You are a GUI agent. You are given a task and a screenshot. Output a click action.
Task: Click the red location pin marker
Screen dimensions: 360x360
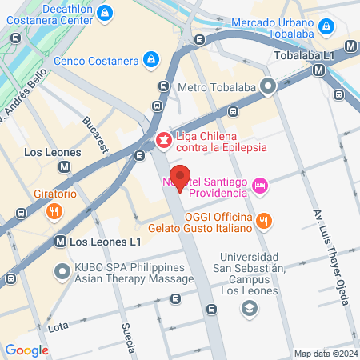pyautogui.click(x=181, y=178)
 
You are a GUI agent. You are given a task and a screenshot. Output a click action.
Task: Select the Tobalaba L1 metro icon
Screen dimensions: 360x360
pyautogui.click(x=319, y=70)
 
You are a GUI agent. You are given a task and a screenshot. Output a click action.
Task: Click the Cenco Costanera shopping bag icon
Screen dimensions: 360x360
pyautogui.click(x=150, y=58)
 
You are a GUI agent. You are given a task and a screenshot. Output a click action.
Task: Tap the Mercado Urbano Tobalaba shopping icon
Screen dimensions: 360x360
pyautogui.click(x=325, y=27)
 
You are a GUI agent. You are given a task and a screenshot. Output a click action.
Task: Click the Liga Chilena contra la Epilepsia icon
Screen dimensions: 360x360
pyautogui.click(x=163, y=141)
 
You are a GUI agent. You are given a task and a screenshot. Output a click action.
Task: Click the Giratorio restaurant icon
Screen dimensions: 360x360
pyautogui.click(x=54, y=212)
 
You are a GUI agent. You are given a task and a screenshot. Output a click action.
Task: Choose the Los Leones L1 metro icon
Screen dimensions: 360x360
pyautogui.click(x=60, y=241)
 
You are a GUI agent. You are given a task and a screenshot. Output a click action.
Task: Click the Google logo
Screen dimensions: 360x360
pyautogui.click(x=26, y=350)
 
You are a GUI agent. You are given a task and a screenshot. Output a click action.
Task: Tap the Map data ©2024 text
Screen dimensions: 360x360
pyautogui.click(x=325, y=354)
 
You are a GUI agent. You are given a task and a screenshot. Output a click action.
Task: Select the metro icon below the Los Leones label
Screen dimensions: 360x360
pyautogui.click(x=66, y=167)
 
